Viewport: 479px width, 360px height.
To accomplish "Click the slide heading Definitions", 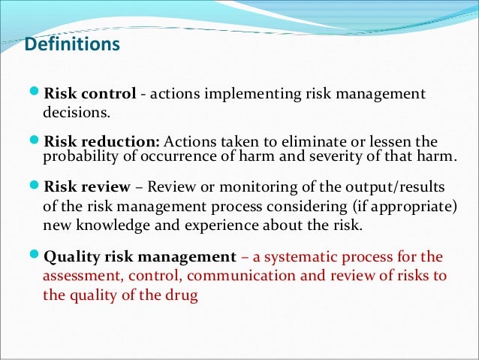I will click(x=72, y=45).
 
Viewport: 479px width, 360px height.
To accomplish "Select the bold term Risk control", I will click(x=90, y=94).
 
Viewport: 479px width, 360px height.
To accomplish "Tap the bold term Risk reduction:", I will click(x=102, y=142).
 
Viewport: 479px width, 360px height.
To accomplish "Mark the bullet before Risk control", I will click(x=37, y=94).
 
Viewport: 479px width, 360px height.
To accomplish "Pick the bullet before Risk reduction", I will click(x=37, y=142).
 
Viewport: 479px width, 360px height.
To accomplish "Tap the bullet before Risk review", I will click(x=37, y=186).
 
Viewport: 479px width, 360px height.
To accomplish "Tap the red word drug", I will click(x=182, y=295).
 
